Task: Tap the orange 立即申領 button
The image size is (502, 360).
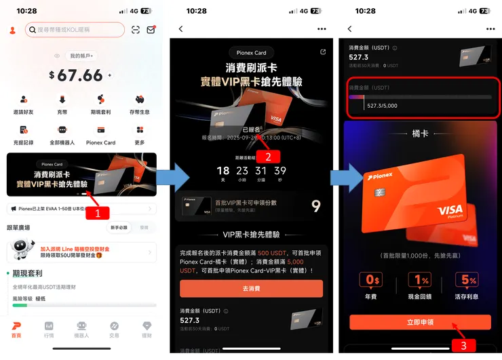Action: [x=420, y=322]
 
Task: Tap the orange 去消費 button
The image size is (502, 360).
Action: [x=251, y=288]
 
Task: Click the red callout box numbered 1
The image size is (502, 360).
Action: [x=96, y=212]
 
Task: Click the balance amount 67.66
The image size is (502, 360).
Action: [x=80, y=75]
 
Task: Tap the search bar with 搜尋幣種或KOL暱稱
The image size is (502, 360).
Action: [x=75, y=30]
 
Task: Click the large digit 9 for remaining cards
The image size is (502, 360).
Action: [x=315, y=205]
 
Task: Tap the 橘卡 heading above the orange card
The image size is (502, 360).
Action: [x=420, y=134]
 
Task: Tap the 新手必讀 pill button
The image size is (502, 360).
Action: [x=119, y=227]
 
